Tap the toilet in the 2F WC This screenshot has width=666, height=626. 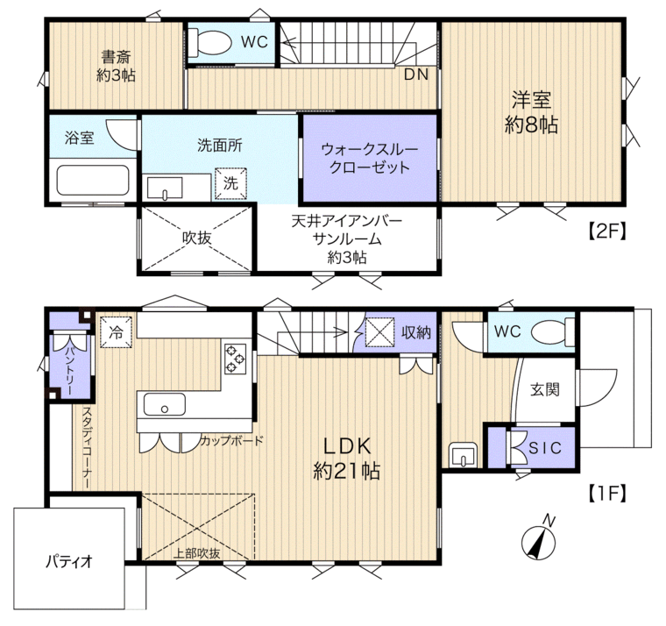pos(209,42)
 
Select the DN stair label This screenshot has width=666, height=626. pos(416,75)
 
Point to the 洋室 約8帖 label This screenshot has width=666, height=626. pos(531,112)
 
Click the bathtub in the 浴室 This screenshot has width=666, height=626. pos(93,181)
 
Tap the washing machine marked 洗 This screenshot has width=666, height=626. pos(230,183)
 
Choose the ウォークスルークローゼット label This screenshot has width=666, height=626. pos(370,158)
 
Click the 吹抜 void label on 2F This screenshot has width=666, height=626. pos(197,238)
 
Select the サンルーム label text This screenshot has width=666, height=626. pos(347,239)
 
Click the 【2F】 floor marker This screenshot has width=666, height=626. pos(606,231)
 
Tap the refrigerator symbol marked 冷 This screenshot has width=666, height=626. pos(116,333)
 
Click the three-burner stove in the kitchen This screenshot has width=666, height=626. pos(236,359)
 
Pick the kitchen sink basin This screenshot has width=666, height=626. pos(165,404)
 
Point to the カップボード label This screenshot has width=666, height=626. pos(231,440)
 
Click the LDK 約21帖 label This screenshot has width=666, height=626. pos(347,459)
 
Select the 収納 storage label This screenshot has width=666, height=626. pos(416,333)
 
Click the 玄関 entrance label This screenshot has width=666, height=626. pos(545,389)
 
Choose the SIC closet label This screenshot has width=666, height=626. pos(545,447)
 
